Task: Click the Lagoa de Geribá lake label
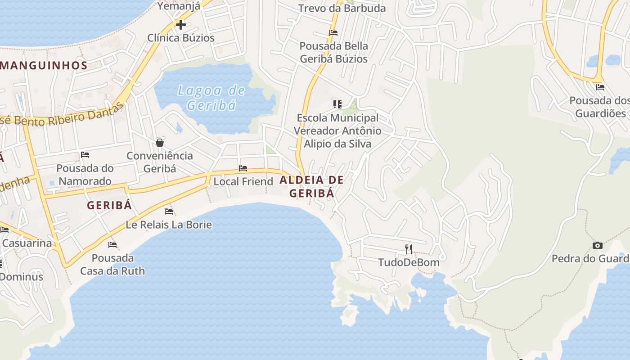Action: click(211, 98)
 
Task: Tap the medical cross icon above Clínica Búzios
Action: click(181, 24)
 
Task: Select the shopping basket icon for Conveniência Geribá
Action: click(160, 143)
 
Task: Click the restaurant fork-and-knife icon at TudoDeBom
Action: click(409, 249)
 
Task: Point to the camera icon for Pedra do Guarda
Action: click(598, 245)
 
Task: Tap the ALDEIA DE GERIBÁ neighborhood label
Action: click(312, 186)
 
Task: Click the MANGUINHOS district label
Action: click(44, 65)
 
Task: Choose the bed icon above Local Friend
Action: click(243, 168)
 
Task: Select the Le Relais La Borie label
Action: click(169, 224)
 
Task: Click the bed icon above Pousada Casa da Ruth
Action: click(112, 244)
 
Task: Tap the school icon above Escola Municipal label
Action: click(337, 104)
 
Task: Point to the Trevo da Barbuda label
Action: click(342, 8)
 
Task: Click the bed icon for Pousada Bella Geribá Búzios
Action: click(333, 32)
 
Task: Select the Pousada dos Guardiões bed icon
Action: click(600, 87)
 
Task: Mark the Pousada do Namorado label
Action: click(84, 175)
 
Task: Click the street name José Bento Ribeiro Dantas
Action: click(63, 117)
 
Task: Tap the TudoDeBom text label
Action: click(409, 262)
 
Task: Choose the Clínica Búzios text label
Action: click(181, 38)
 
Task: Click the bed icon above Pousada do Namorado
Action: click(85, 155)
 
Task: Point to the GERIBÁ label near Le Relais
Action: click(109, 205)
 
